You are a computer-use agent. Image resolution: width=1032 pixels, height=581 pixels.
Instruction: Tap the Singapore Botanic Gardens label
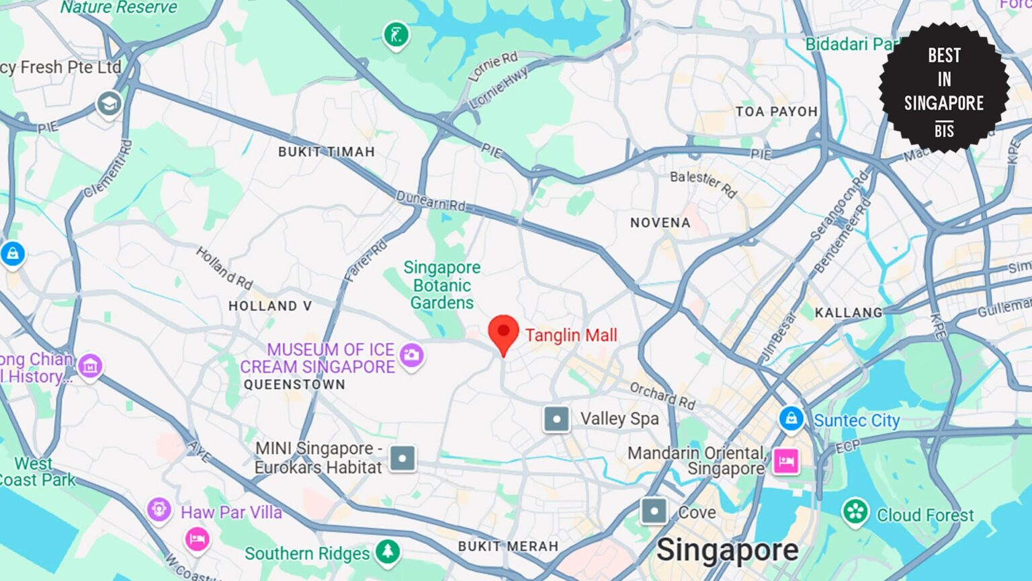click(x=442, y=285)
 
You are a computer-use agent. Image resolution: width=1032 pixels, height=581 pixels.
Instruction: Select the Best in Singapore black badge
click(x=944, y=88)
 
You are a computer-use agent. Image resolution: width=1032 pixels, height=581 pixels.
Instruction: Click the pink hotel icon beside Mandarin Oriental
click(x=786, y=461)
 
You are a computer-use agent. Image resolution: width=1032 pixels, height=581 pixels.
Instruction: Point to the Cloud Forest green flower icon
click(x=855, y=512)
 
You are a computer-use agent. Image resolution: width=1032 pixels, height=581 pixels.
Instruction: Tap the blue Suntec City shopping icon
click(x=791, y=418)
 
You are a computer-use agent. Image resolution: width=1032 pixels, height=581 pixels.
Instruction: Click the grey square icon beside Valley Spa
click(x=556, y=419)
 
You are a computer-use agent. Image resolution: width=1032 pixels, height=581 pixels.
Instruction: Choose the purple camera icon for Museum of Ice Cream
click(x=411, y=354)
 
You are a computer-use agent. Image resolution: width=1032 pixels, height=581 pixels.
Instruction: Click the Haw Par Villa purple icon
click(x=159, y=508)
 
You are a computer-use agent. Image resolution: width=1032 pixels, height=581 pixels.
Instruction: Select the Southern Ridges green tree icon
click(x=387, y=551)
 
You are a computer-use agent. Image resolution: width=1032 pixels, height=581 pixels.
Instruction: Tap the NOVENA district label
click(x=660, y=223)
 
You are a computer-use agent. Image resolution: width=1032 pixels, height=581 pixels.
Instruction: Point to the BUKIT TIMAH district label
click(x=327, y=152)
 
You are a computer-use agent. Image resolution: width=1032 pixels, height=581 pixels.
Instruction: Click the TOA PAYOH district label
click(x=776, y=112)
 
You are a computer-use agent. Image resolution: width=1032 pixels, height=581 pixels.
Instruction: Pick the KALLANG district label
click(x=849, y=313)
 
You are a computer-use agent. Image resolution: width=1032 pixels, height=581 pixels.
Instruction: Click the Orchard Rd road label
click(x=662, y=395)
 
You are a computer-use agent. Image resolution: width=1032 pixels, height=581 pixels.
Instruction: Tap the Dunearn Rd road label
click(x=430, y=200)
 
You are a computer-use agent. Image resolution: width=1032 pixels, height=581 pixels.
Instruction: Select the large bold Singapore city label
click(x=727, y=550)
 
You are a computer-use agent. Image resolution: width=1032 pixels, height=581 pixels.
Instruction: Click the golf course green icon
click(x=396, y=34)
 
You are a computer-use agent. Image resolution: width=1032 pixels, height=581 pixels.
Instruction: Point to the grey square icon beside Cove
click(x=654, y=511)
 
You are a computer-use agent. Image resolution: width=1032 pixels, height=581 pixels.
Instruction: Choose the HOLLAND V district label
click(x=270, y=306)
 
